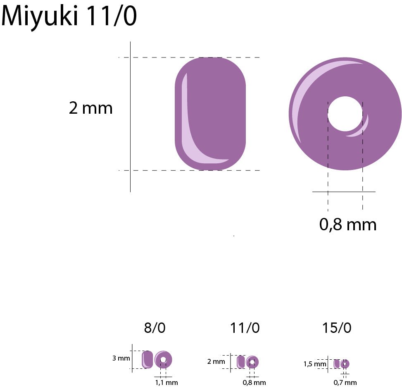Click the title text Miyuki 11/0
tap(69, 17)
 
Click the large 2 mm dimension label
tap(90, 108)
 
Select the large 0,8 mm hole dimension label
tap(348, 225)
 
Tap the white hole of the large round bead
tap(345, 114)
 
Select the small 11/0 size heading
tap(245, 328)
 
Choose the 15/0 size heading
tap(337, 328)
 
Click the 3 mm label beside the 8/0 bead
tap(121, 358)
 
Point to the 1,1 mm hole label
tap(166, 382)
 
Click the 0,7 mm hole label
tap(345, 382)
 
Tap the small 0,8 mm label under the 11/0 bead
tap(254, 382)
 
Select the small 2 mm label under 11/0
tap(216, 362)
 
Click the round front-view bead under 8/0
tap(163, 360)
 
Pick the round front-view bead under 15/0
tap(345, 364)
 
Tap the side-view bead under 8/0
tap(147, 359)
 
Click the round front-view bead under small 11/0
tap(252, 362)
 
